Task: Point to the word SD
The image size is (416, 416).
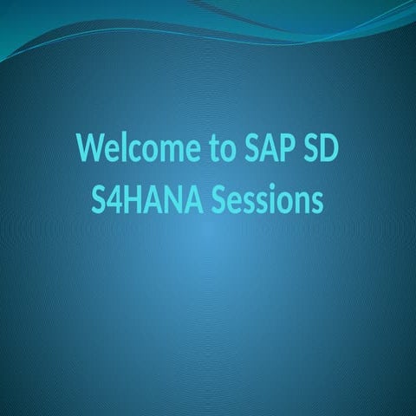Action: pyautogui.click(x=317, y=149)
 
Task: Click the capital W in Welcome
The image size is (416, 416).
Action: pyautogui.click(x=89, y=149)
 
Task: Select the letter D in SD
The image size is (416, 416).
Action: pyautogui.click(x=328, y=149)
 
